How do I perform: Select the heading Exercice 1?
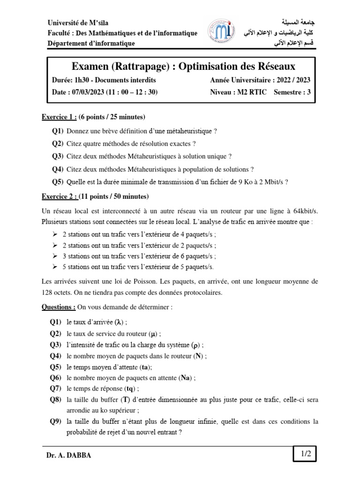point(59,116)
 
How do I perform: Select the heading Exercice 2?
point(59,196)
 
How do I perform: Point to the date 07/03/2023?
point(87,92)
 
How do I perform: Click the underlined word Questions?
point(58,307)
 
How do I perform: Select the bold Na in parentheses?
point(185,378)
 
